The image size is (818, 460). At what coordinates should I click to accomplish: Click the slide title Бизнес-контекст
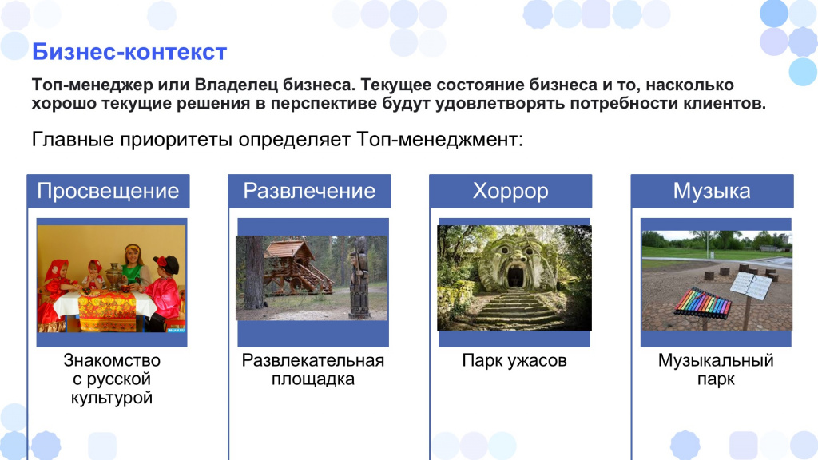click(129, 52)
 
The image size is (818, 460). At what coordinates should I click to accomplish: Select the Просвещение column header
click(108, 191)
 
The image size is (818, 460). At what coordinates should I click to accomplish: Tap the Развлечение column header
click(309, 191)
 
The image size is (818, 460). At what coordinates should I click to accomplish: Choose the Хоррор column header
click(510, 191)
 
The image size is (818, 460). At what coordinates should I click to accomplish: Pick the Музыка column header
click(712, 191)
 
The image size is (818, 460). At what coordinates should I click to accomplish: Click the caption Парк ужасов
click(514, 360)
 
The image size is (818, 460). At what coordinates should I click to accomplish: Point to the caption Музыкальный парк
click(716, 369)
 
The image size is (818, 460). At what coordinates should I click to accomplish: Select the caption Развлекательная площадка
click(313, 369)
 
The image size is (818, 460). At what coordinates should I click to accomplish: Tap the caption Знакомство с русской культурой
click(112, 379)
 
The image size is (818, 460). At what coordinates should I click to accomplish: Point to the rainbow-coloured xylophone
click(702, 303)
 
